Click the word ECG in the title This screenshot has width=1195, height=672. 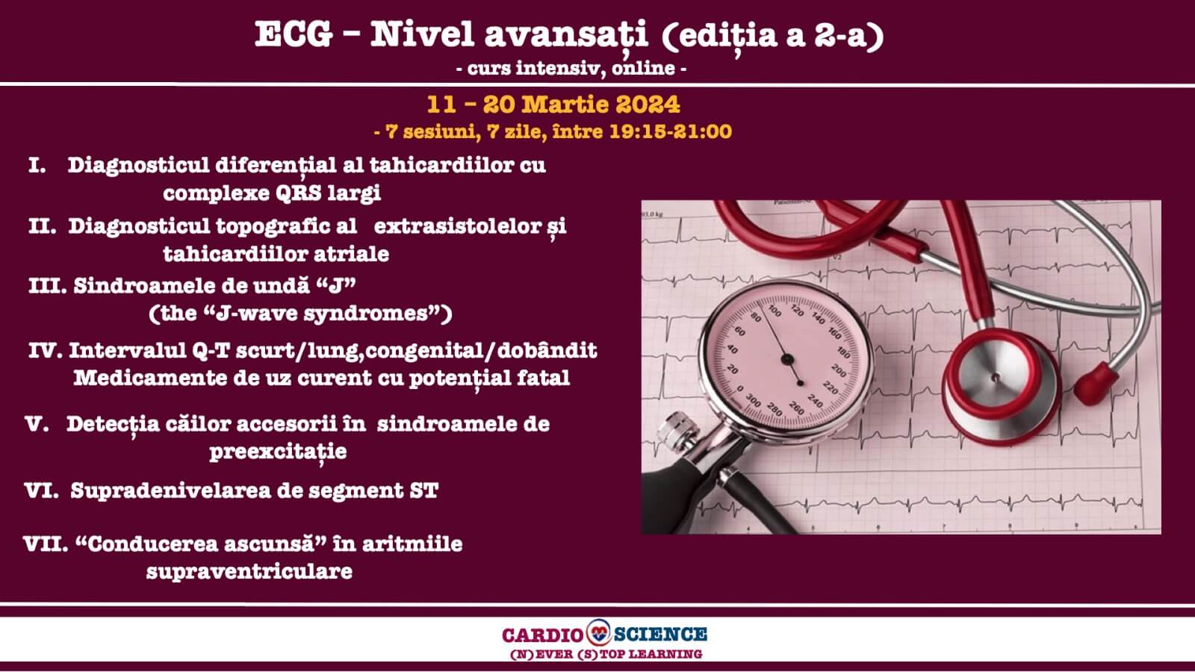tap(294, 34)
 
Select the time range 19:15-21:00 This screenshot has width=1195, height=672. tap(670, 131)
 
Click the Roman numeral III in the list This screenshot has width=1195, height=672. tap(47, 286)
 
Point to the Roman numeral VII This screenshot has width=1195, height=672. tap(46, 544)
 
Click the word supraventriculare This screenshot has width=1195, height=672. tap(249, 572)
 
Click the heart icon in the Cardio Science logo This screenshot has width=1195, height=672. tap(598, 632)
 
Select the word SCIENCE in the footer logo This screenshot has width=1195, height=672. tap(660, 635)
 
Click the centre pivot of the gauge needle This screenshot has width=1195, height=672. tap(786, 359)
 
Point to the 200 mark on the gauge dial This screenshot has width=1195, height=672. tap(839, 370)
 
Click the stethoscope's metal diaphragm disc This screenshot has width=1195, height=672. tap(995, 377)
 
